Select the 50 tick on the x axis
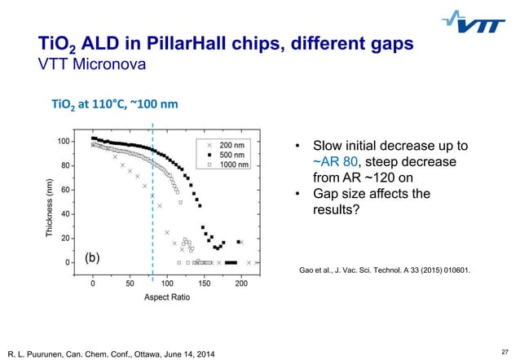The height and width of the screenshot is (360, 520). pyautogui.click(x=130, y=283)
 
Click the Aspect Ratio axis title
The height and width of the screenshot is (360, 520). pyautogui.click(x=168, y=299)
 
